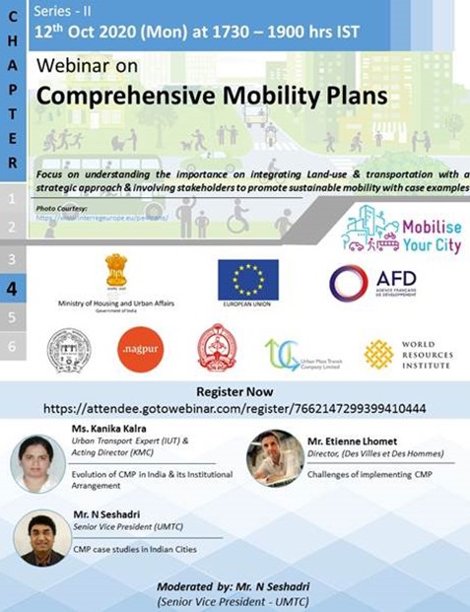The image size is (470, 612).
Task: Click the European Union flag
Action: pos(247,279)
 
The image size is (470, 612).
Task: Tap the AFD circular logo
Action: pos(348,283)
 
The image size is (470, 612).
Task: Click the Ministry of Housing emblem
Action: pos(116,272)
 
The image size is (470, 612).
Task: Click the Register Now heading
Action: pos(235,389)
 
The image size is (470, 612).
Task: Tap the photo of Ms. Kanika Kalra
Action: pos(38,462)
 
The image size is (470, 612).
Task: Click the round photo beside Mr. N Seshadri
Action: pos(41,536)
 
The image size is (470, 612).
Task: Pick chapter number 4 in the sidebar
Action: pos(12,289)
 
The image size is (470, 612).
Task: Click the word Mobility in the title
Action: pos(260,99)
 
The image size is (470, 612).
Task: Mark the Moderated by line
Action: pos(235,586)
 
